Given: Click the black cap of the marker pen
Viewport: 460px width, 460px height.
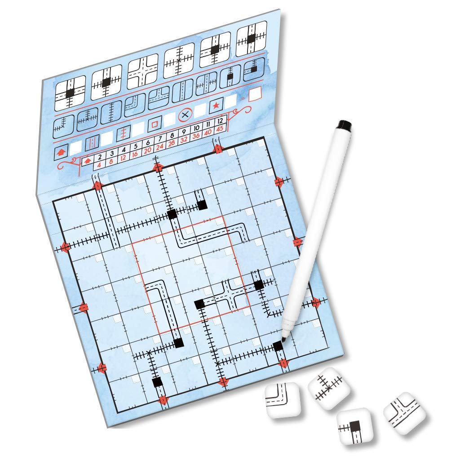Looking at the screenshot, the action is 345,125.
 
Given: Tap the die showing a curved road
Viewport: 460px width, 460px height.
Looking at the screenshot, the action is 283,399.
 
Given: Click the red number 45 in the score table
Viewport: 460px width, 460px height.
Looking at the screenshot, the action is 220,128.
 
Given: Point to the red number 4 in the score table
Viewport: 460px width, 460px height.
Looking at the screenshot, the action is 99,165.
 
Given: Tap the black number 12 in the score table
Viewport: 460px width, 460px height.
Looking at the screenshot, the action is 220,120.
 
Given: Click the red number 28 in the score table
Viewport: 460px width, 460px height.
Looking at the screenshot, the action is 172,143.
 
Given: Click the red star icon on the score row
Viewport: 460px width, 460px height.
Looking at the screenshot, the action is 216,105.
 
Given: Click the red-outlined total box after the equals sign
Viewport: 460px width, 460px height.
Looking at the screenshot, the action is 255,94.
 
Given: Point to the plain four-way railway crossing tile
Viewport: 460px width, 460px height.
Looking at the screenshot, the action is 179,61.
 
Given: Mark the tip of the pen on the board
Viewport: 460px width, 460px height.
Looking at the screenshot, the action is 283,340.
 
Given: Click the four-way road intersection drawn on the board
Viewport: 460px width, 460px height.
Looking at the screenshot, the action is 230,294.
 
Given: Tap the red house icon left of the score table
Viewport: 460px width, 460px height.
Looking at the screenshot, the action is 61,152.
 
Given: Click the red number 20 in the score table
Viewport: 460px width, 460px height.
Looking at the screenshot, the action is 147,150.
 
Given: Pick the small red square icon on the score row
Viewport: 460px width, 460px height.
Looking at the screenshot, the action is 155,124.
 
